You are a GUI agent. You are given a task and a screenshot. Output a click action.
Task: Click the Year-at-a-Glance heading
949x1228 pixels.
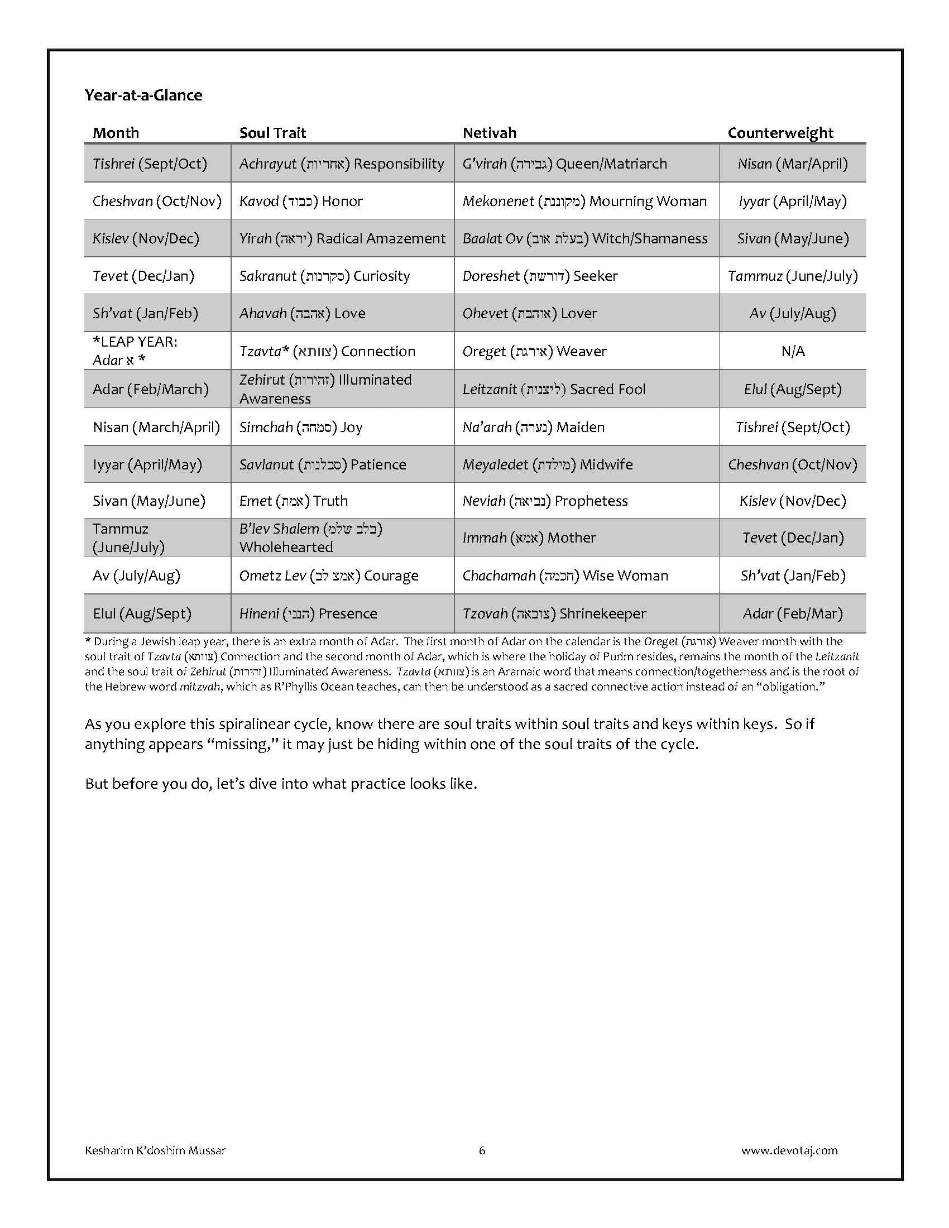point(143,95)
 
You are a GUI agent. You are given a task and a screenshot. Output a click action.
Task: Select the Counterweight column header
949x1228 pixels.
point(780,133)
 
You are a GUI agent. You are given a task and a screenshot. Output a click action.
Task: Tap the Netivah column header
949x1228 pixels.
point(489,133)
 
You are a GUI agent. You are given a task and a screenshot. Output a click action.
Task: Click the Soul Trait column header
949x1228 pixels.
point(272,133)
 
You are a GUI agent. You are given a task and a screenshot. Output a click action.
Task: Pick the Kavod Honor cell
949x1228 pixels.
point(301,202)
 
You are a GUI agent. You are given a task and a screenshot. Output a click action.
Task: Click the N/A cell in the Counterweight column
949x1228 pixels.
point(793,352)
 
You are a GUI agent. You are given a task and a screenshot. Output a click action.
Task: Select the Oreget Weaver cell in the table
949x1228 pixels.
point(534,352)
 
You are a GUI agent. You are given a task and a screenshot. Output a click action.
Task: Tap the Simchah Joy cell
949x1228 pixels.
point(301,428)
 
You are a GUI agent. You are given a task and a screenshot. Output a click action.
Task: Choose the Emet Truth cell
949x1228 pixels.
point(294,501)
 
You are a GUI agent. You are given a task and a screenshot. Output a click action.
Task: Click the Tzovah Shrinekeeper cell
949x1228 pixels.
point(554,613)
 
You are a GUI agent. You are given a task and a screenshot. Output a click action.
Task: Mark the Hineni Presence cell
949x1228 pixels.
point(308,613)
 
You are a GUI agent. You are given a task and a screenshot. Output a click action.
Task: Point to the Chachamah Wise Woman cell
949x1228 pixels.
point(565,576)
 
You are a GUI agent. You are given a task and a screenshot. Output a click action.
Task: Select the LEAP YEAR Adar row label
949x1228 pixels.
point(135,351)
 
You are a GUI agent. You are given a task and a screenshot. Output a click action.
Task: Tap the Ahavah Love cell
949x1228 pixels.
point(302,313)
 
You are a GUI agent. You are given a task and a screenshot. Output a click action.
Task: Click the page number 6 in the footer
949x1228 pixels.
point(482,1150)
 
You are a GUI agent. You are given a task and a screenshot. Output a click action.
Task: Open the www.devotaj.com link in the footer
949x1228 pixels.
point(789,1150)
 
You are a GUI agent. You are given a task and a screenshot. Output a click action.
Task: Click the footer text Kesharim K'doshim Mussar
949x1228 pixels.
point(155,1150)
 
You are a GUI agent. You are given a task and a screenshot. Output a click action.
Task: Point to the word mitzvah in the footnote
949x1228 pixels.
point(200,687)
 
